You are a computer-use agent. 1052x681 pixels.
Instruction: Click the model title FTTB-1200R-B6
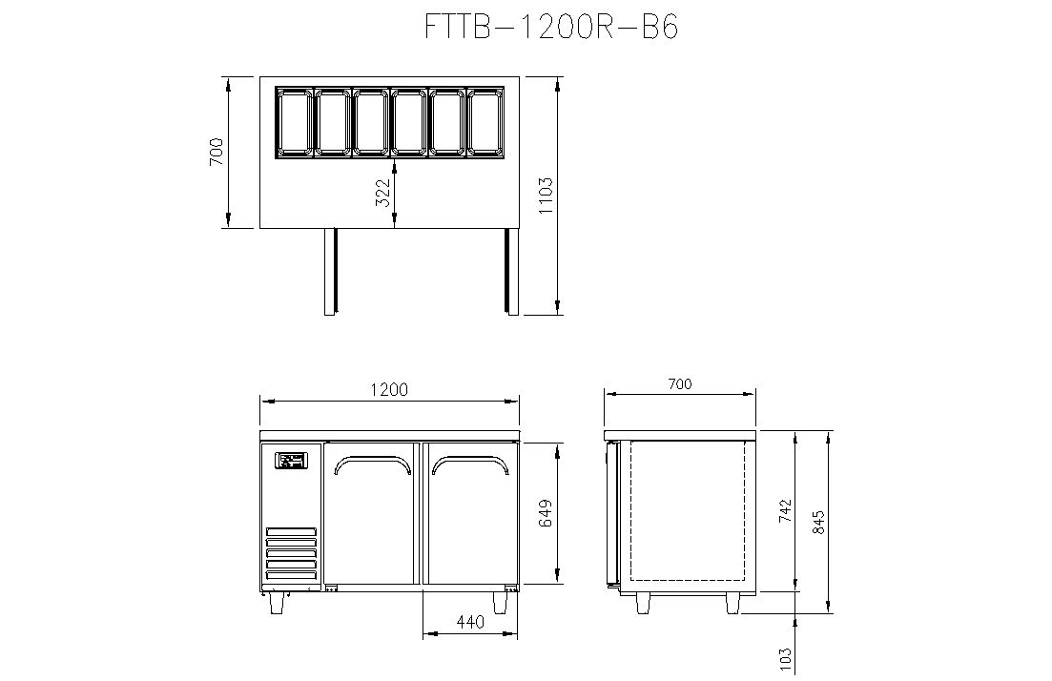[x=551, y=27]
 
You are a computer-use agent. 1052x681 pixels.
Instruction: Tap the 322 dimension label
[x=383, y=192]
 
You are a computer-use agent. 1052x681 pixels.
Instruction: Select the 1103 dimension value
[x=546, y=196]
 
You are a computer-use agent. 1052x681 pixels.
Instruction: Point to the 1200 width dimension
[x=389, y=389]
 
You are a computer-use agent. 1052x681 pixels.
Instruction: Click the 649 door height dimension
[x=546, y=512]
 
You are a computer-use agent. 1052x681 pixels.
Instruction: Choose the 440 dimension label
[x=469, y=622]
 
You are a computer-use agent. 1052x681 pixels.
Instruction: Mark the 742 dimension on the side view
[x=785, y=510]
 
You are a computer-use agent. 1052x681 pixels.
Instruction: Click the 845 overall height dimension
[x=818, y=522]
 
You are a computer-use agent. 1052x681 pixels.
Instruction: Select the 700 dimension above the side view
[x=680, y=383]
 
